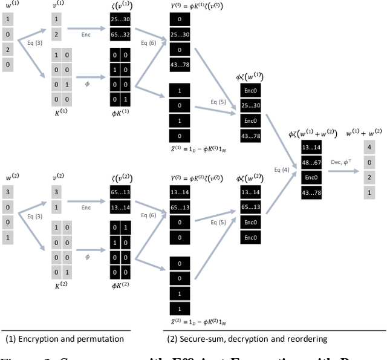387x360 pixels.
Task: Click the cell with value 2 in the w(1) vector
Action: pyautogui.click(x=7, y=50)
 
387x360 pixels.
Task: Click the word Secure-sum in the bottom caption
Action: pyautogui.click(x=200, y=339)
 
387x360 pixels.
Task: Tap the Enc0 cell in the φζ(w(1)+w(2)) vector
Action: pyautogui.click(x=311, y=177)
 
